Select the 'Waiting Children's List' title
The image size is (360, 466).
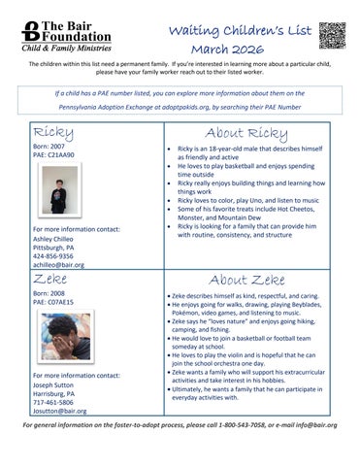(x=239, y=30)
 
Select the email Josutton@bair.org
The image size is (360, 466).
(x=59, y=411)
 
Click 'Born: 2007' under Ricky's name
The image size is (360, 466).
(x=51, y=145)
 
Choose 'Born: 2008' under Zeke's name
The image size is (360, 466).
(x=51, y=291)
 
